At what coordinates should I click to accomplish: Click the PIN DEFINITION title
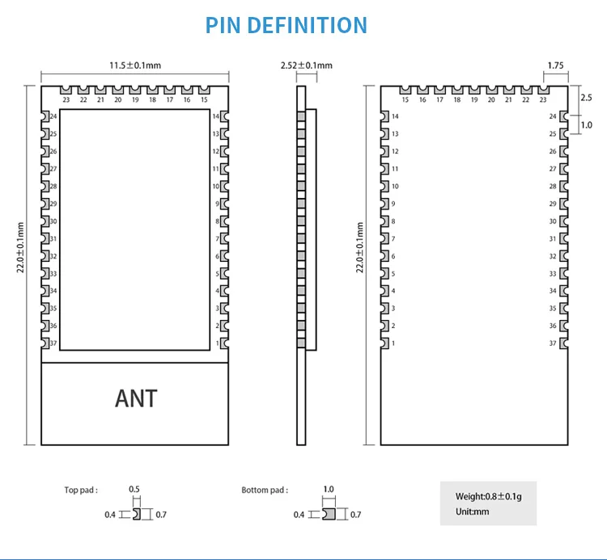(x=287, y=25)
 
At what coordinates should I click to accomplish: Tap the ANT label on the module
(x=136, y=398)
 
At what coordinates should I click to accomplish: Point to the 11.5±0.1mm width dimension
(x=135, y=65)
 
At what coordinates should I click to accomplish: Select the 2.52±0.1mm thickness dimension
(x=306, y=65)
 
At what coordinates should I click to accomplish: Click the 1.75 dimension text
(x=555, y=65)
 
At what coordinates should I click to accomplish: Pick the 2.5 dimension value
(x=587, y=96)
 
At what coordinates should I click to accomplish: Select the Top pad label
(x=81, y=490)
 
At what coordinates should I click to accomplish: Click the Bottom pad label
(x=265, y=490)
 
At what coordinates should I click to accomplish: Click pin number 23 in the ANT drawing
(x=66, y=100)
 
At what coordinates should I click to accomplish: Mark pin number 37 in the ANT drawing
(x=53, y=343)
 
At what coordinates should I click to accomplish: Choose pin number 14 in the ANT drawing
(x=216, y=116)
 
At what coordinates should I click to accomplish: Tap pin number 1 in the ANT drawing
(x=217, y=343)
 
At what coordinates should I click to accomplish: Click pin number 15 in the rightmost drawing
(x=405, y=100)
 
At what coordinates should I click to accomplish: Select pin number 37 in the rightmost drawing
(x=553, y=343)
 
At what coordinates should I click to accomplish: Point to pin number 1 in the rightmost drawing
(x=393, y=343)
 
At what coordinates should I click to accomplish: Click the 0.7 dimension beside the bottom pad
(x=355, y=515)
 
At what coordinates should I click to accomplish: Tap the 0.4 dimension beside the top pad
(x=109, y=515)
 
